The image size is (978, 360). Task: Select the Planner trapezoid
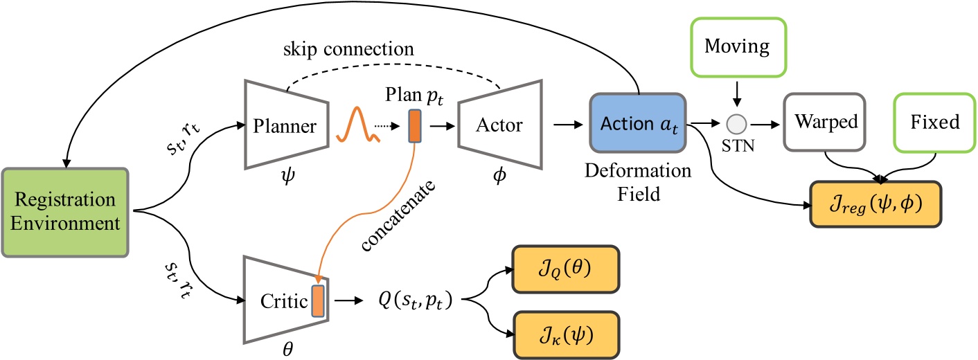[x=281, y=126]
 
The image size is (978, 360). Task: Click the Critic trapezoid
[x=285, y=303]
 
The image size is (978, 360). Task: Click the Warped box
[x=824, y=122]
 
